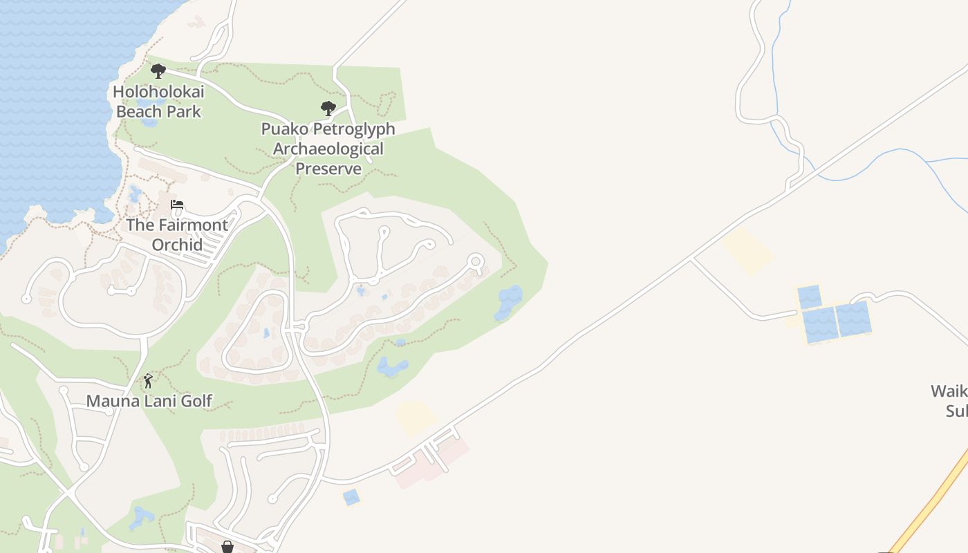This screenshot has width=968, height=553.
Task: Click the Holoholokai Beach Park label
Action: [x=158, y=101]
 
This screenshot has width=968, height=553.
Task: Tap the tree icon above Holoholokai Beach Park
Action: [x=158, y=71]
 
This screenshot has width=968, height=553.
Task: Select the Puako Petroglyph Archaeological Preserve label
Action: [x=328, y=149]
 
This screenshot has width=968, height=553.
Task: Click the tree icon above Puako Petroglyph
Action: [x=328, y=108]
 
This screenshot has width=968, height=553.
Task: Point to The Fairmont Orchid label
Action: [x=177, y=234]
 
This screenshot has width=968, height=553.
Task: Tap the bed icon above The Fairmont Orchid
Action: [x=177, y=205]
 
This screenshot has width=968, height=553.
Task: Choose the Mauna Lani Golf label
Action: [x=149, y=401]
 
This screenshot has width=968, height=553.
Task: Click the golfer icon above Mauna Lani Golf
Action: [x=148, y=380]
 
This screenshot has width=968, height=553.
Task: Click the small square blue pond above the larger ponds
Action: [x=809, y=297]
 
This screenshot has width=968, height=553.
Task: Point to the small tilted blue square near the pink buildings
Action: [x=351, y=497]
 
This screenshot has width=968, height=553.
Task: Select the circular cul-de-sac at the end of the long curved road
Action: [x=475, y=261]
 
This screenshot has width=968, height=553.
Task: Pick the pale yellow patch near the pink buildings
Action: [x=416, y=418]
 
